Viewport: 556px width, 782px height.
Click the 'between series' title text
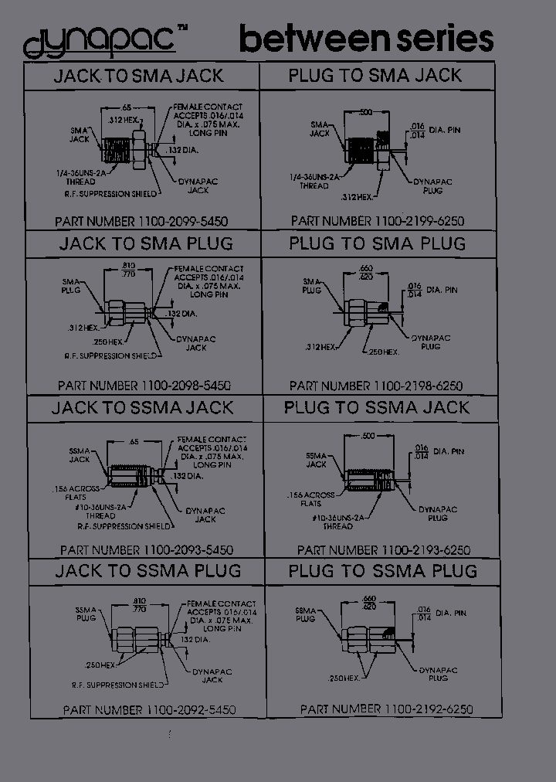[365, 39]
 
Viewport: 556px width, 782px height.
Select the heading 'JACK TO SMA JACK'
[138, 76]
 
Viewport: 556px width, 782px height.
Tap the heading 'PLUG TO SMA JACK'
[375, 76]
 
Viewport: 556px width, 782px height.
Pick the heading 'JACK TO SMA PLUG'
[146, 243]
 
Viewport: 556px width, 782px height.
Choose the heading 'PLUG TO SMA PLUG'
[378, 243]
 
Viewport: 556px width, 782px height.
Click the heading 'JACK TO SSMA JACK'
[142, 408]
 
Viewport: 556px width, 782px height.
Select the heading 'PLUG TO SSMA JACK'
[377, 407]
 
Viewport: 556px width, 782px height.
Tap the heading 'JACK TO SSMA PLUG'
[147, 571]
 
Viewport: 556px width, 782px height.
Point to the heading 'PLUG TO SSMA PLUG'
[383, 571]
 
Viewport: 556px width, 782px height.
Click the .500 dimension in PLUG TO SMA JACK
[367, 113]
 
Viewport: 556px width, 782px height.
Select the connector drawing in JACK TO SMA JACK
[132, 146]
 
